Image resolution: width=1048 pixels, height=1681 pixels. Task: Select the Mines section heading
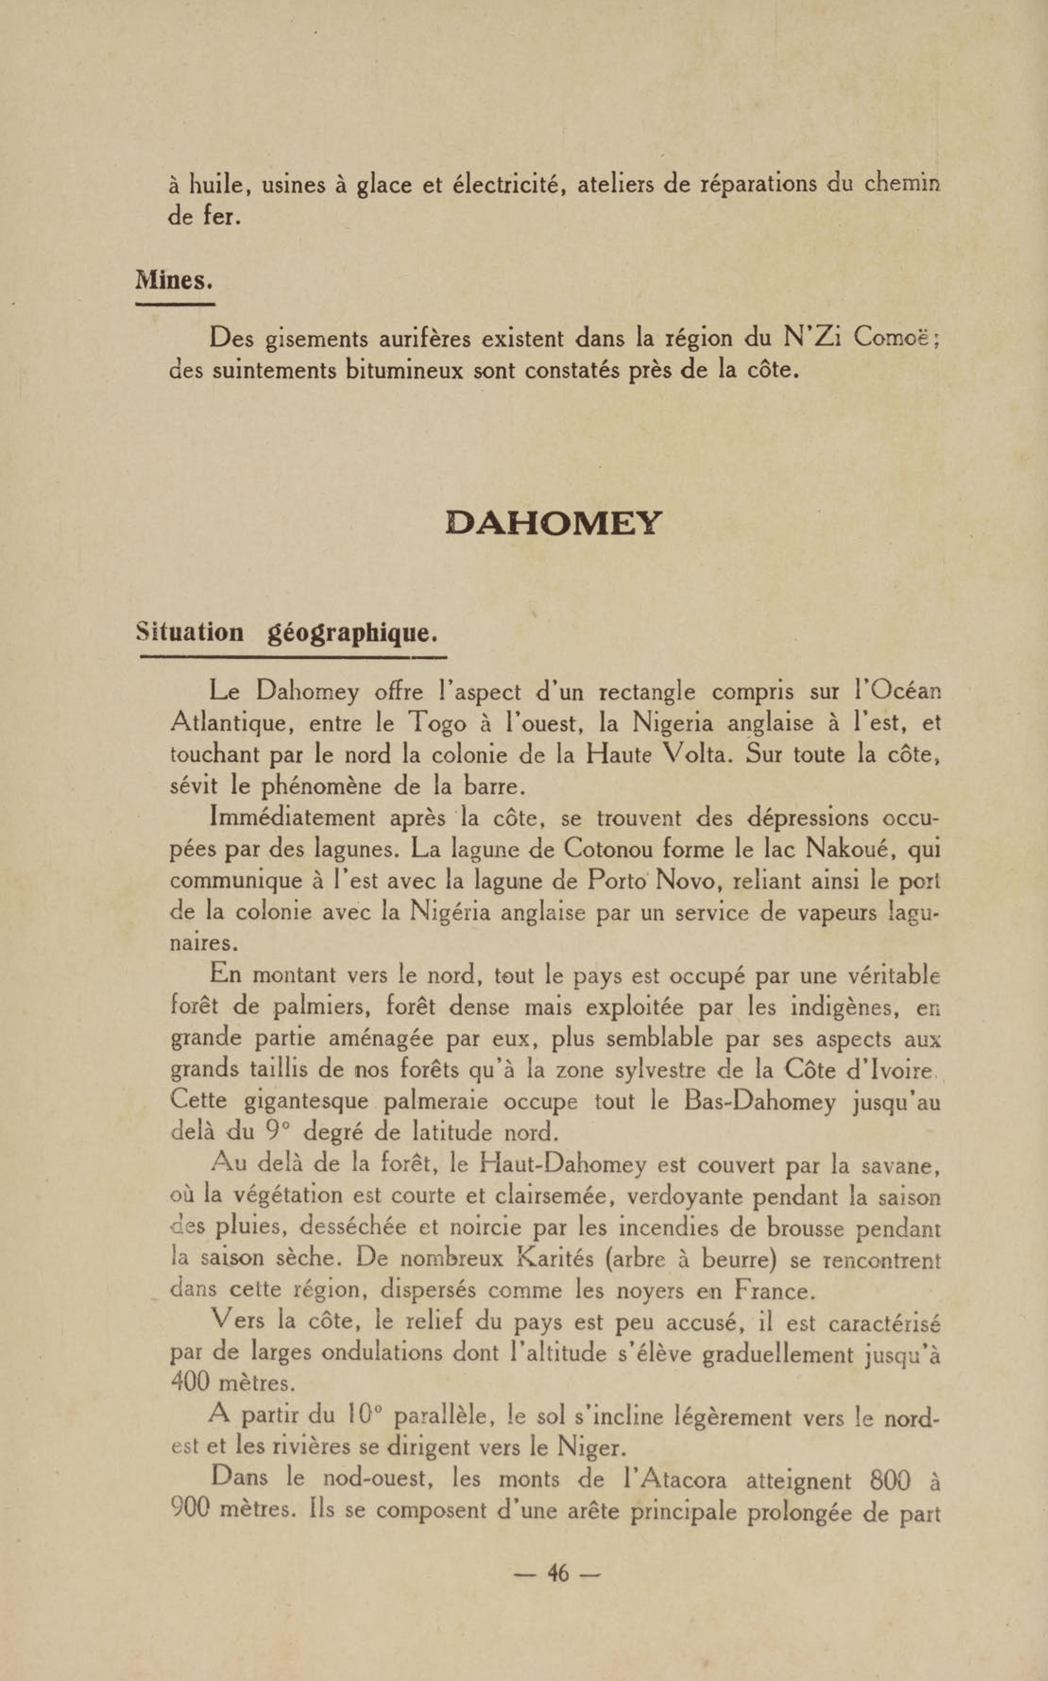click(x=174, y=281)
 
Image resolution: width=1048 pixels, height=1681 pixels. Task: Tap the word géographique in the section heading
click(x=353, y=633)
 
